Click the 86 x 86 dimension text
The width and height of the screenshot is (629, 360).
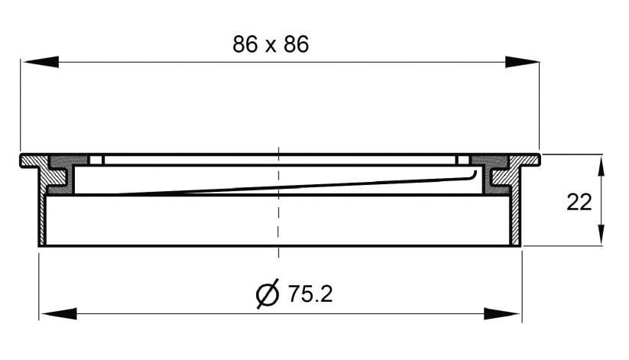271,44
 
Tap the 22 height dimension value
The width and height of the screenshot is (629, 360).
579,203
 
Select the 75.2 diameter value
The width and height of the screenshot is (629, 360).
310,294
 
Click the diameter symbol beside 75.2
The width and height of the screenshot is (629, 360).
267,294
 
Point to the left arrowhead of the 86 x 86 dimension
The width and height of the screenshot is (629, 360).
41,62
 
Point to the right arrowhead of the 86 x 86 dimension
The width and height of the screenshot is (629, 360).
522,62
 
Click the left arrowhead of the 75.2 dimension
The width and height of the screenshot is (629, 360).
59,314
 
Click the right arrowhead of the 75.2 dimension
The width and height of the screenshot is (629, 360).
502,314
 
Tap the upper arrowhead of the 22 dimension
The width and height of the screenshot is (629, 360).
601,166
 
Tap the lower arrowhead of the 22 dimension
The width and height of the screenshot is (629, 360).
601,234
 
